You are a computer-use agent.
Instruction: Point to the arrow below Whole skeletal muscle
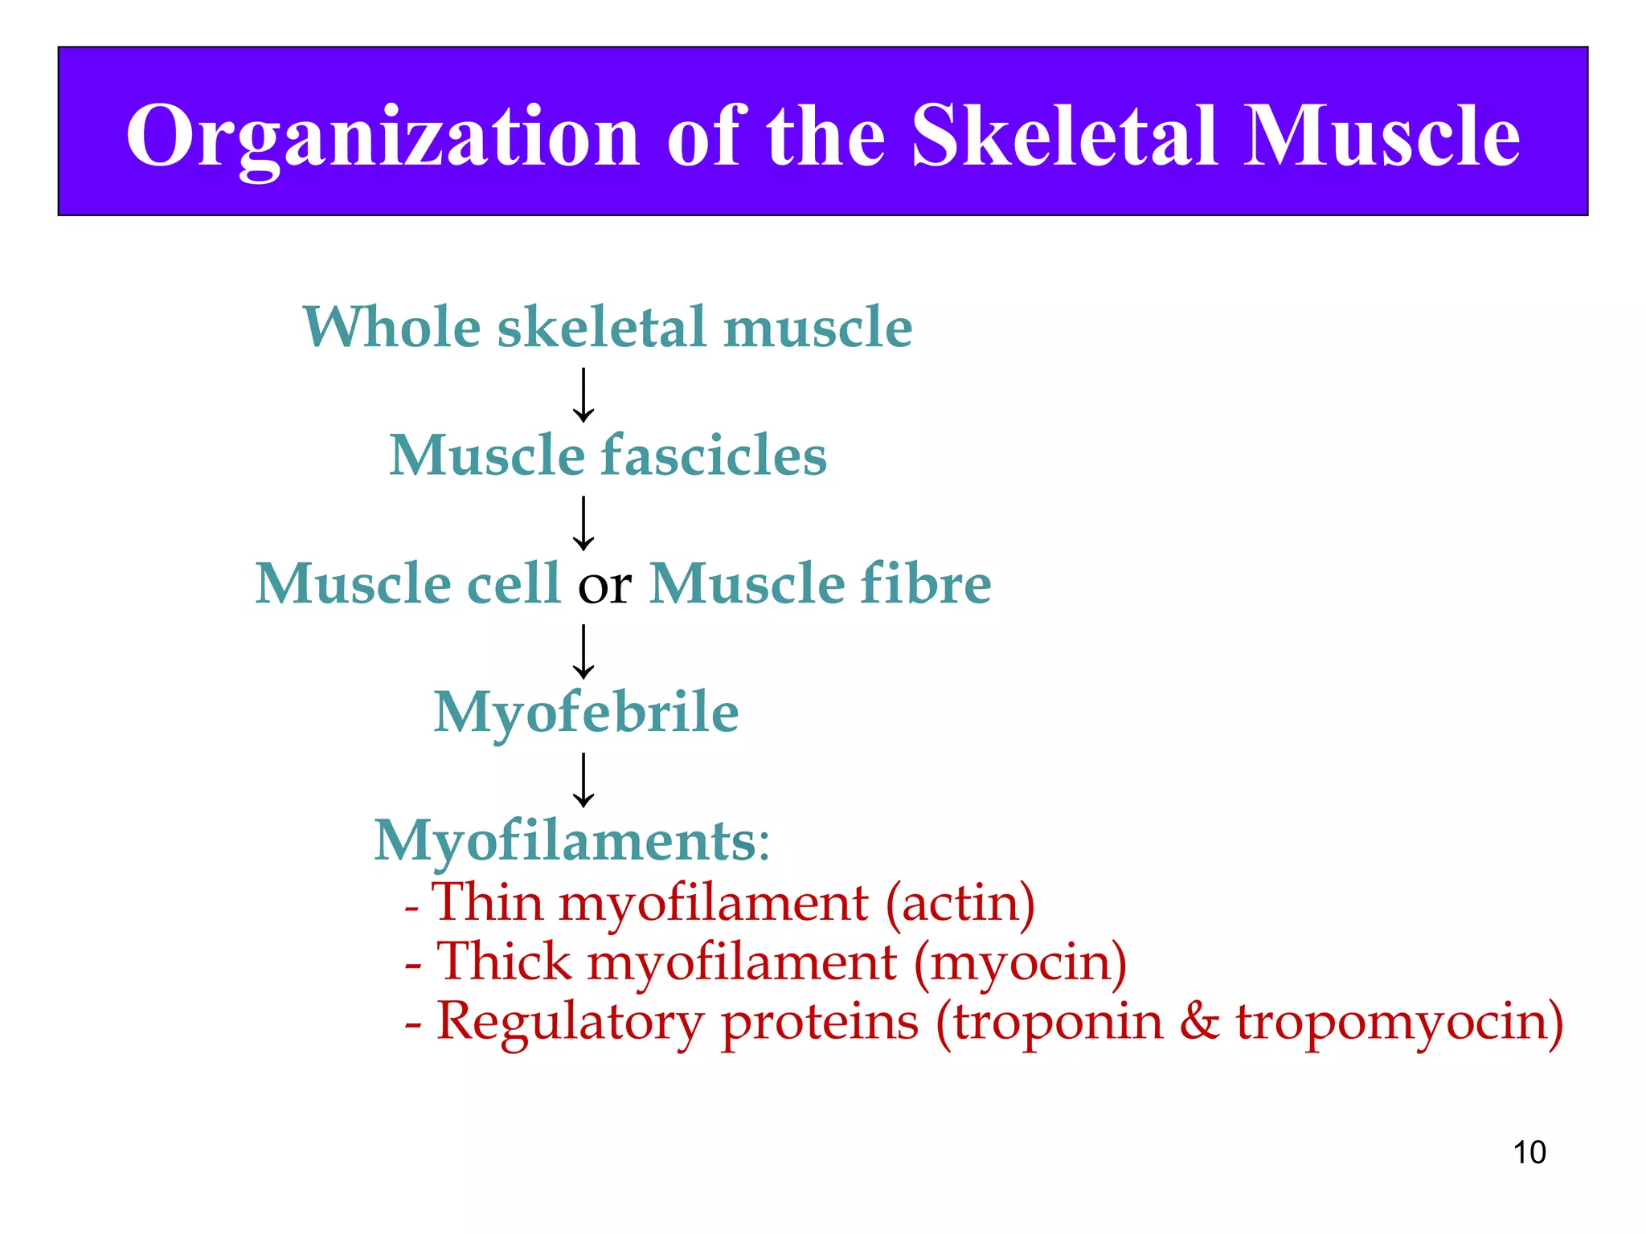[583, 395]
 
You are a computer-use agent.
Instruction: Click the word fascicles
[714, 456]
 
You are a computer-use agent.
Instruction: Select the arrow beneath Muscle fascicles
[583, 523]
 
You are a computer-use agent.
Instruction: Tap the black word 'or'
[604, 586]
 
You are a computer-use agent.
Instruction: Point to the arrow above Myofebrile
[583, 652]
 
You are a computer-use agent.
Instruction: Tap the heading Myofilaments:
[572, 841]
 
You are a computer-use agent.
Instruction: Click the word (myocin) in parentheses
[1020, 962]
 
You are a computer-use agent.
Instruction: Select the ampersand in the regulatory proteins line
[1199, 1022]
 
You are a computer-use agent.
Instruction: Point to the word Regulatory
[569, 1024]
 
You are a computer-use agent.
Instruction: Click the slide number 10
[1529, 1152]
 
